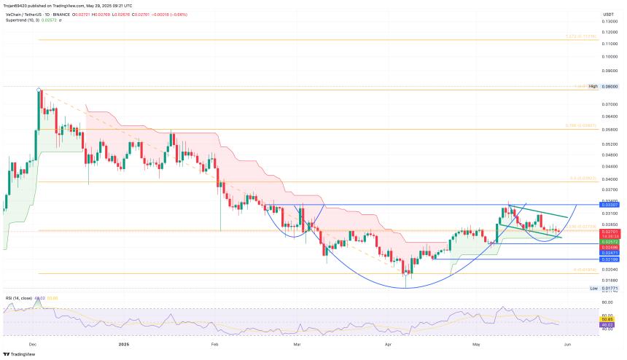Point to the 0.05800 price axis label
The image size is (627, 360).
coord(610,129)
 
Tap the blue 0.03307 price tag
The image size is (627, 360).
coord(610,206)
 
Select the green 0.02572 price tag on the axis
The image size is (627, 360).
coord(610,241)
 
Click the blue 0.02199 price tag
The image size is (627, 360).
coord(610,259)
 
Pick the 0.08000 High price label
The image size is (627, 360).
coord(610,86)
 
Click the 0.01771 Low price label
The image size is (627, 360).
coord(610,289)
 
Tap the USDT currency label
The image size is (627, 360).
coord(609,14)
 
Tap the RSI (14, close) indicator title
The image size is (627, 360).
coord(17,297)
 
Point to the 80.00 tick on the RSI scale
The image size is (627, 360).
coord(607,301)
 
